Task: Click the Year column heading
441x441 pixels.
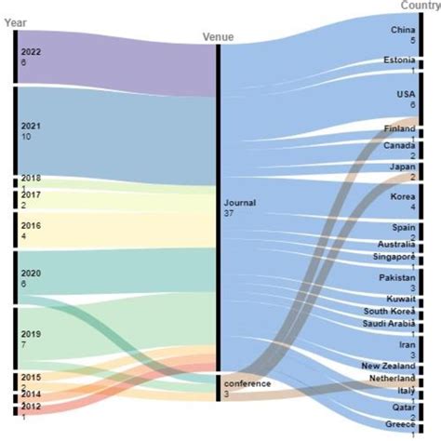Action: [27, 22]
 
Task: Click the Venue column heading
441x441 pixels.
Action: [218, 37]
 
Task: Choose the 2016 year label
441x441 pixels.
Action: [31, 224]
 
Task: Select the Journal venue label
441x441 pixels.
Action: [239, 202]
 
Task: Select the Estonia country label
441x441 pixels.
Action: [399, 60]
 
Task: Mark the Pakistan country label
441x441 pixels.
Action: [398, 277]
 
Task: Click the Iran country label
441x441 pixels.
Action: [406, 344]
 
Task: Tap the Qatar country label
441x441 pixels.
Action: [403, 408]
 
